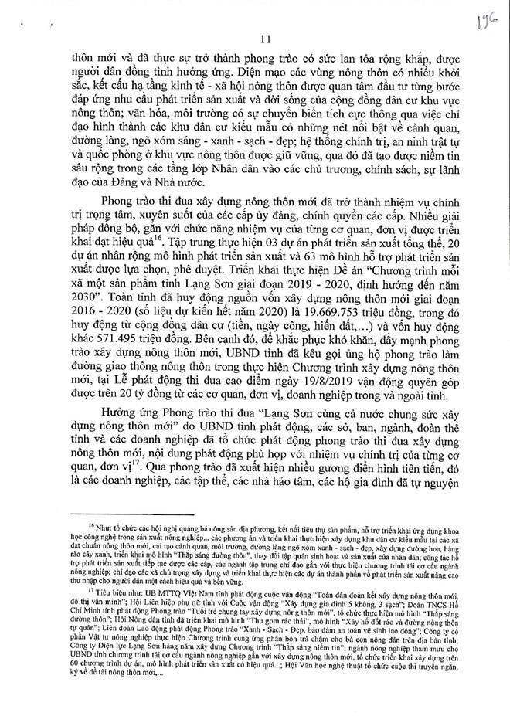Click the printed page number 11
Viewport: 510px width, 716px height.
pos(260,41)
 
